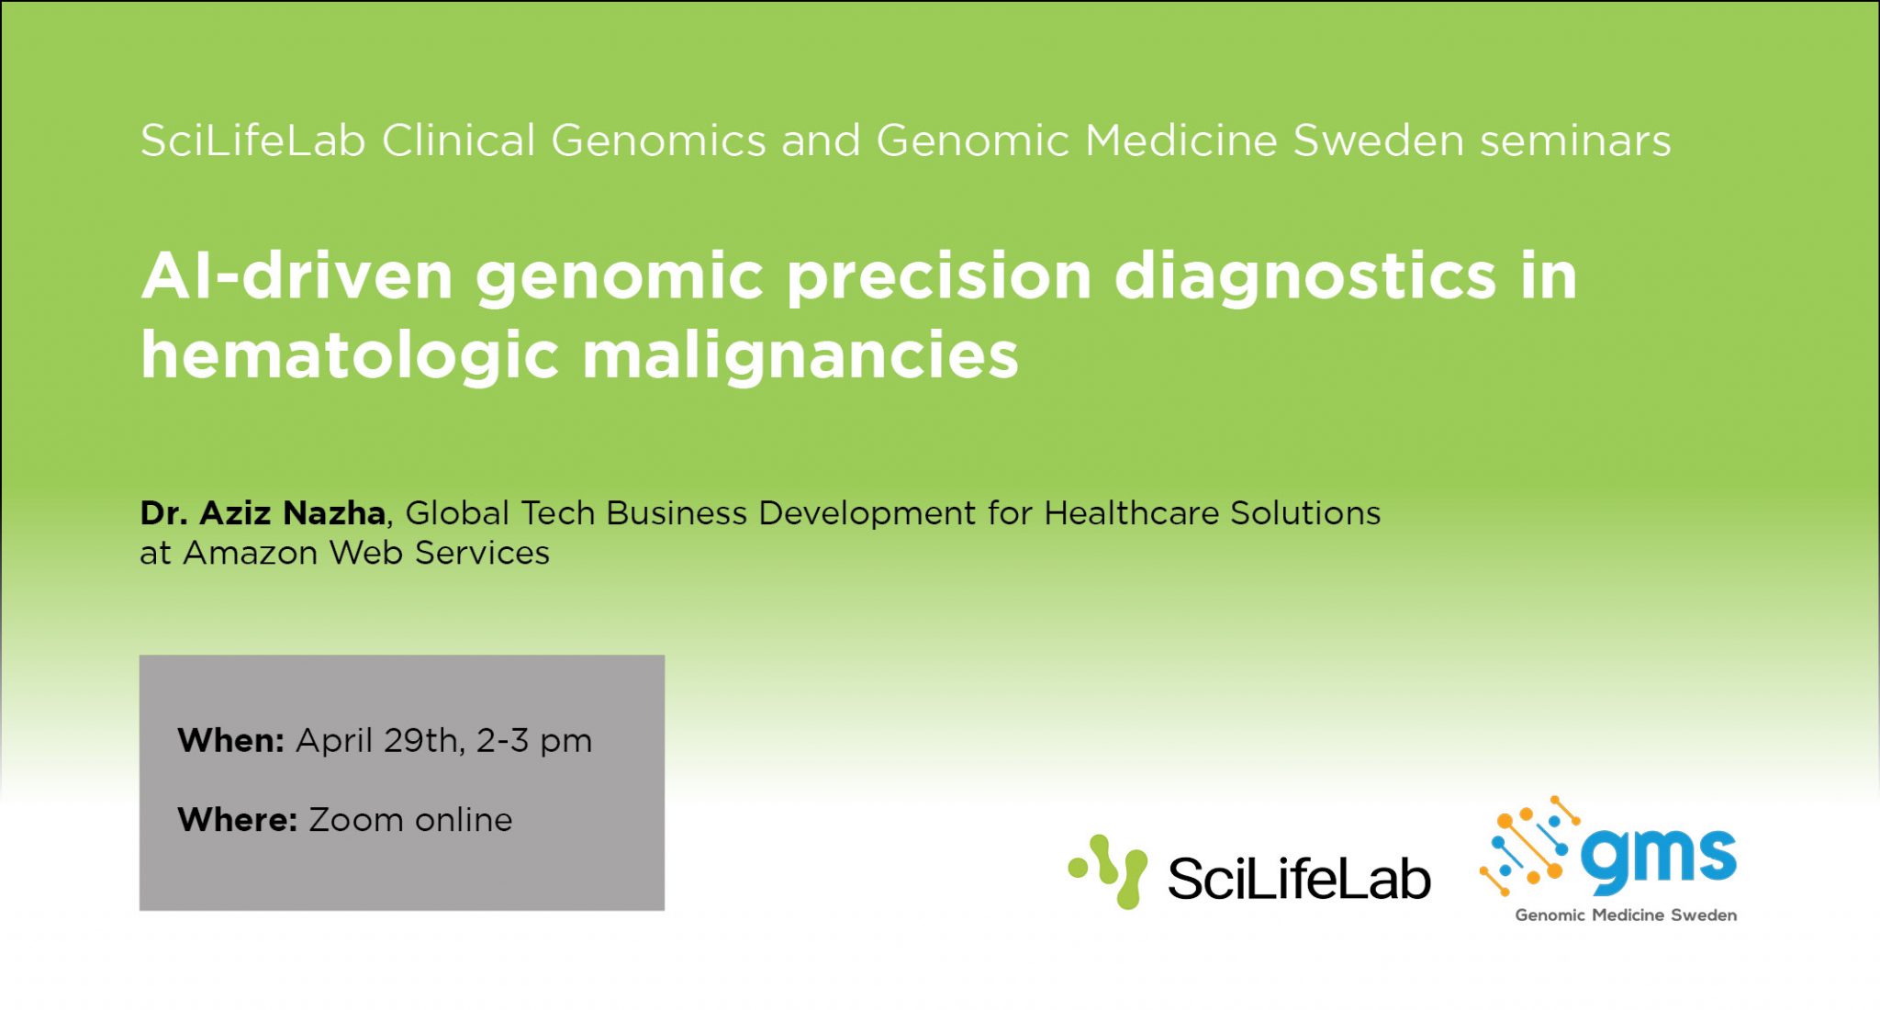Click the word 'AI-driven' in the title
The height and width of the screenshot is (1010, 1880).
point(297,275)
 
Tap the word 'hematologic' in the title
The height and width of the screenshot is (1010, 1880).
point(349,356)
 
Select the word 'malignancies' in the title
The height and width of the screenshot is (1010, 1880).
point(800,356)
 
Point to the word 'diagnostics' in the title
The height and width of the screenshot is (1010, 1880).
point(1304,275)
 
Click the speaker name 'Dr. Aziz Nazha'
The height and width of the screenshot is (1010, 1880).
point(263,512)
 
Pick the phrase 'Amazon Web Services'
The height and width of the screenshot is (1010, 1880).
point(366,553)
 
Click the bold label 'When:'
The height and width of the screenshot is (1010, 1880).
point(230,740)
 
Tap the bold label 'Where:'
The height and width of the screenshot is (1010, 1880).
point(237,819)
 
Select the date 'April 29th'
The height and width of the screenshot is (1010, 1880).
point(377,740)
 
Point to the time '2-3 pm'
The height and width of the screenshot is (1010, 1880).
point(534,740)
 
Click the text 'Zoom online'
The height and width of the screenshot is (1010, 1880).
point(410,819)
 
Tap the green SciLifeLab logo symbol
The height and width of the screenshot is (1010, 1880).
point(1109,871)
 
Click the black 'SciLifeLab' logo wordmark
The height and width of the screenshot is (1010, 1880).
point(1298,879)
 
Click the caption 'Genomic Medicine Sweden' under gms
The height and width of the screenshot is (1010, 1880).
point(1625,915)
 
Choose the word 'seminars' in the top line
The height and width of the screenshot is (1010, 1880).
point(1575,140)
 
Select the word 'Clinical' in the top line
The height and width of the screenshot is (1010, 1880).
point(458,140)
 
